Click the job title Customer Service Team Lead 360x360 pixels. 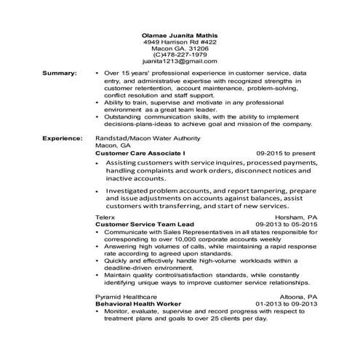(145, 225)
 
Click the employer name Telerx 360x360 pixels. (105, 217)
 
